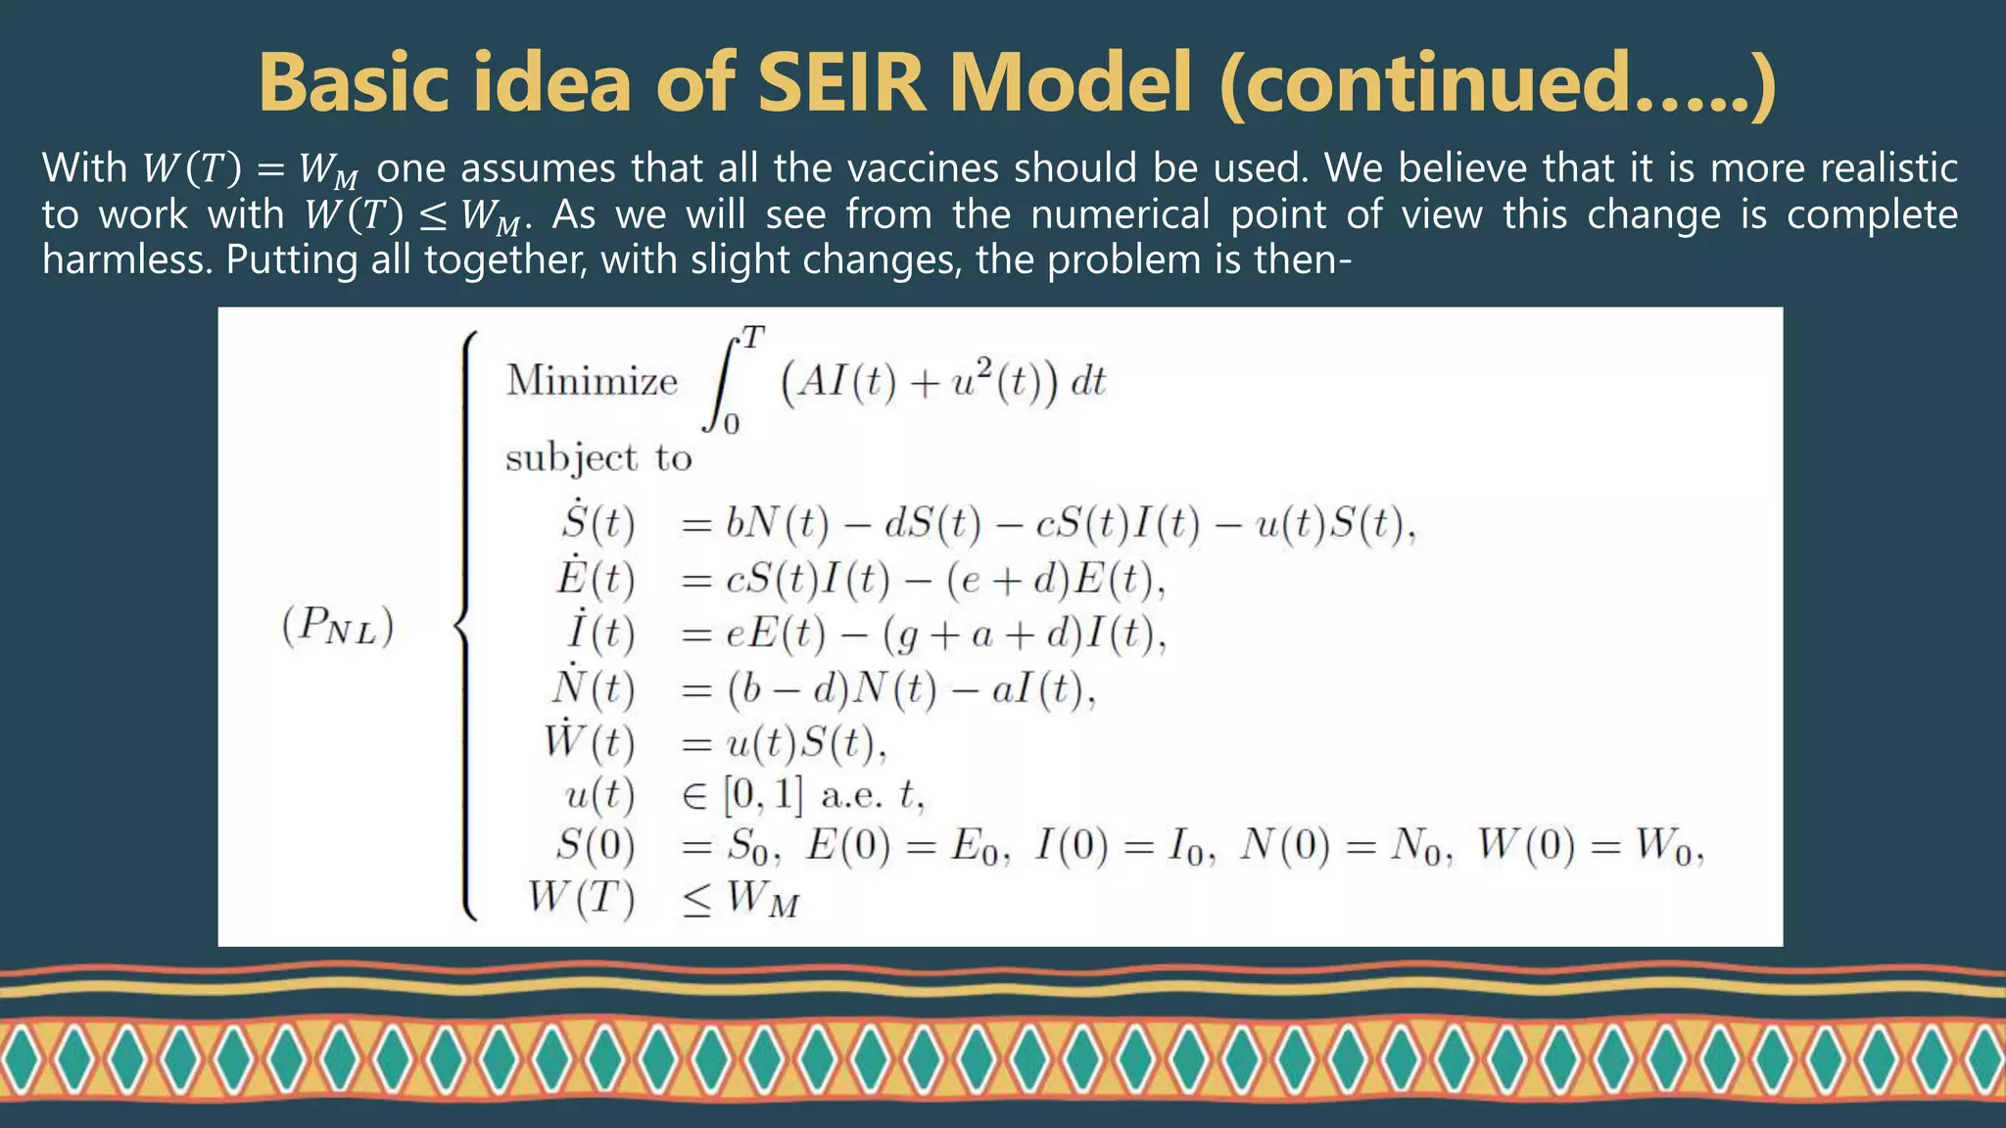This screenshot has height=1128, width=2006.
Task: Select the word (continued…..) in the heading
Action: click(1498, 84)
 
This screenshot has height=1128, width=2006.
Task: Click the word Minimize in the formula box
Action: click(592, 381)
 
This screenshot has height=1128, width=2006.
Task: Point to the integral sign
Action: click(723, 382)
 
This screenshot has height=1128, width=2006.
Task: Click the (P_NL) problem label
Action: click(338, 626)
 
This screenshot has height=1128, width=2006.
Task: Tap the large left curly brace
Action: click(468, 627)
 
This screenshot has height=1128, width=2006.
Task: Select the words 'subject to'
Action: click(598, 458)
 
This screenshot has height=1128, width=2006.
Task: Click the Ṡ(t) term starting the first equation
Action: click(598, 523)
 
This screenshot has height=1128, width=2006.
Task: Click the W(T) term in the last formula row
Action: click(581, 897)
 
